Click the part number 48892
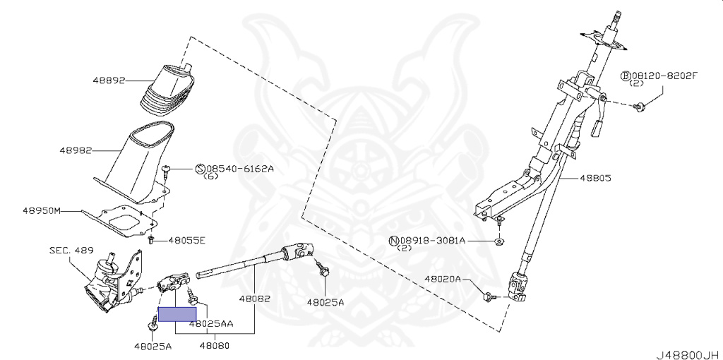point(108,80)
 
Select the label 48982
point(76,150)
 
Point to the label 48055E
point(186,241)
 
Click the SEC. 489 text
point(71,250)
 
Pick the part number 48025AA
point(211,325)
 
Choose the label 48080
point(215,346)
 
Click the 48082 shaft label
point(254,299)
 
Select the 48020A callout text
point(443,280)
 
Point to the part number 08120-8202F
point(663,76)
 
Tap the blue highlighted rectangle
point(177,314)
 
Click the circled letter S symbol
point(201,169)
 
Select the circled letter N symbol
point(393,241)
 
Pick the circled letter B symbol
point(625,76)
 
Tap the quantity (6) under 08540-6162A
point(211,177)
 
